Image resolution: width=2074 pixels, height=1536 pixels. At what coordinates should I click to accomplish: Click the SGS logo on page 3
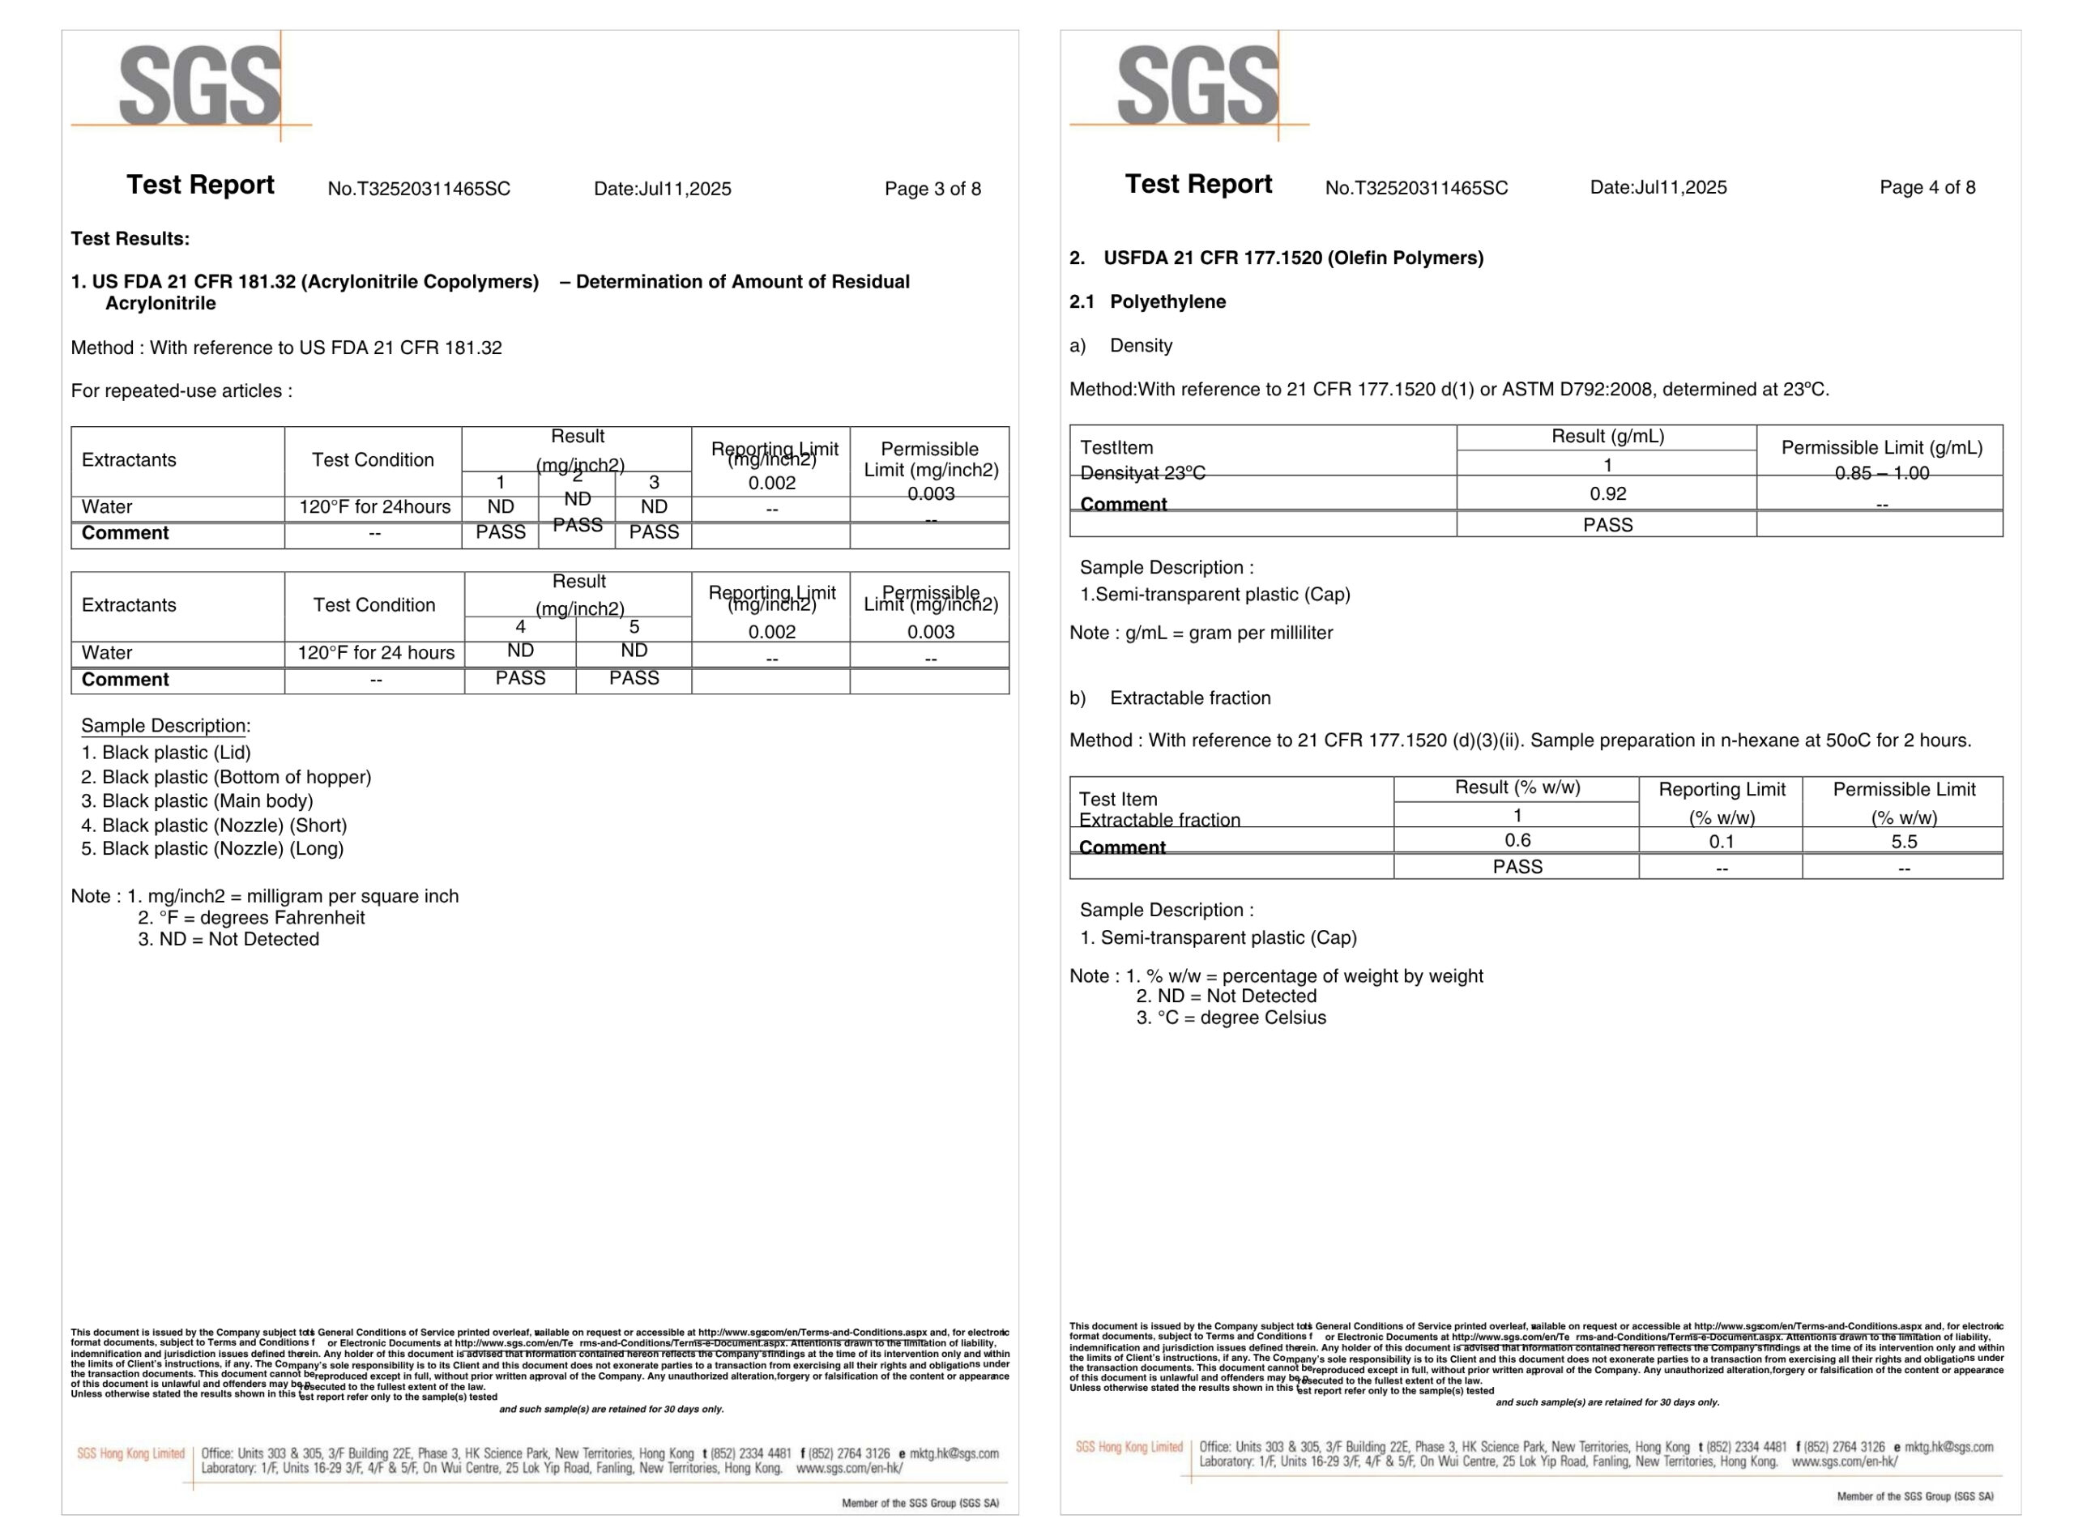pos(200,86)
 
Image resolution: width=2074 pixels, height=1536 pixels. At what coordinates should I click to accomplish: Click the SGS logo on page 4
pos(1197,86)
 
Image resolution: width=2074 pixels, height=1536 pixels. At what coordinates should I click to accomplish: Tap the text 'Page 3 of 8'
pos(932,189)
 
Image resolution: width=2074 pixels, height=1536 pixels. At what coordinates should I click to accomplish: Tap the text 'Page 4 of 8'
pos(1927,187)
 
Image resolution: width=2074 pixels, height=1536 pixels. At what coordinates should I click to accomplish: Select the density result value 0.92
pos(1607,493)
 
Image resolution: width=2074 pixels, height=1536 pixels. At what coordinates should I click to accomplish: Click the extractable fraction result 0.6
pos(1517,841)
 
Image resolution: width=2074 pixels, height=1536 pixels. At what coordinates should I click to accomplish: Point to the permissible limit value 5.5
pos(1904,842)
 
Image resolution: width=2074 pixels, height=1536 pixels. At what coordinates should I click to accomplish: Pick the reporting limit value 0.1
pos(1722,842)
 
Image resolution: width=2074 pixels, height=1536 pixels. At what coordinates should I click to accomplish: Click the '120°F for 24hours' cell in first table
pos(373,506)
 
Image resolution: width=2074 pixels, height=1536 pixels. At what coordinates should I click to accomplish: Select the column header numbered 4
pos(521,627)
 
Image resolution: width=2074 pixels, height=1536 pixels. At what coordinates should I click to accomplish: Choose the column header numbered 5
pos(634,627)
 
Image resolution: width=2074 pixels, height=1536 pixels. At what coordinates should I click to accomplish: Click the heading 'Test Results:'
pos(130,239)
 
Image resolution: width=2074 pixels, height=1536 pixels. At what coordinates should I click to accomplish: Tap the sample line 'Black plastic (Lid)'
pos(166,752)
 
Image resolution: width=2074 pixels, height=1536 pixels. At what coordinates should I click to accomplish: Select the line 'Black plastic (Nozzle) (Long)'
pos(213,848)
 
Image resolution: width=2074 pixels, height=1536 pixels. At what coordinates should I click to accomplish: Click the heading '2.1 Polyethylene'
pos(1147,301)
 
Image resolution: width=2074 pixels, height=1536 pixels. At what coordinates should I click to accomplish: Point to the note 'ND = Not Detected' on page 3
pos(228,939)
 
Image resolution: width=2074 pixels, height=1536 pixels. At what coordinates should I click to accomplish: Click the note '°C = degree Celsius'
pos(1231,1018)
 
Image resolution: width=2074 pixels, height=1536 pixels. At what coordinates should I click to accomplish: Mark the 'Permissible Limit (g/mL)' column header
pos(1881,447)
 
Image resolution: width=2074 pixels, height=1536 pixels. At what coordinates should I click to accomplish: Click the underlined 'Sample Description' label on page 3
pos(163,725)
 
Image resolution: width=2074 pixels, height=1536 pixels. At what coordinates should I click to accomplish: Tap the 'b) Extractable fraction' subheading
pos(1170,698)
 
